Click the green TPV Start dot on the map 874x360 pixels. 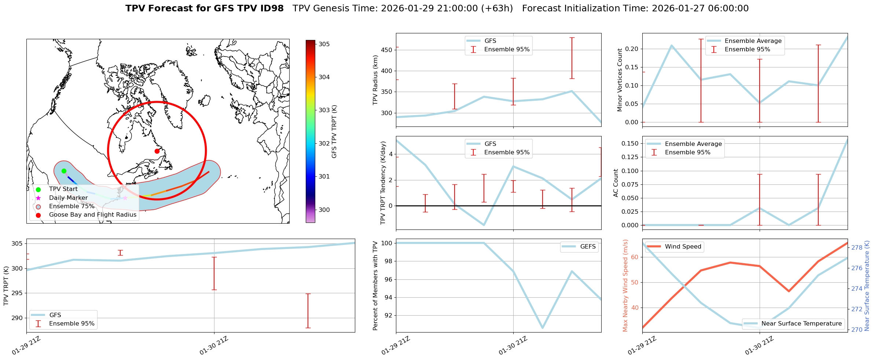[x=64, y=171]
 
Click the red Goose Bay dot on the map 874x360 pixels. [x=157, y=151]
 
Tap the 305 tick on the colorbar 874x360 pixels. [x=324, y=44]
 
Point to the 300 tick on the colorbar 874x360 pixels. [x=324, y=210]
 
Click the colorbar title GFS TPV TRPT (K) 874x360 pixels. [x=334, y=132]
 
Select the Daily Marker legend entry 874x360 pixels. [x=68, y=198]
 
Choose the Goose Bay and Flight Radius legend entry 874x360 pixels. [x=92, y=214]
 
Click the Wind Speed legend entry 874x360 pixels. [x=683, y=246]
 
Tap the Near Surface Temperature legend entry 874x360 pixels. [x=801, y=323]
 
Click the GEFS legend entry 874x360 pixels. [x=588, y=246]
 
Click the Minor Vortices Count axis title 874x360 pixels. [x=620, y=80]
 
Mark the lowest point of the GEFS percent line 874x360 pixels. [x=543, y=328]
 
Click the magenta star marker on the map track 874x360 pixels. [x=125, y=198]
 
